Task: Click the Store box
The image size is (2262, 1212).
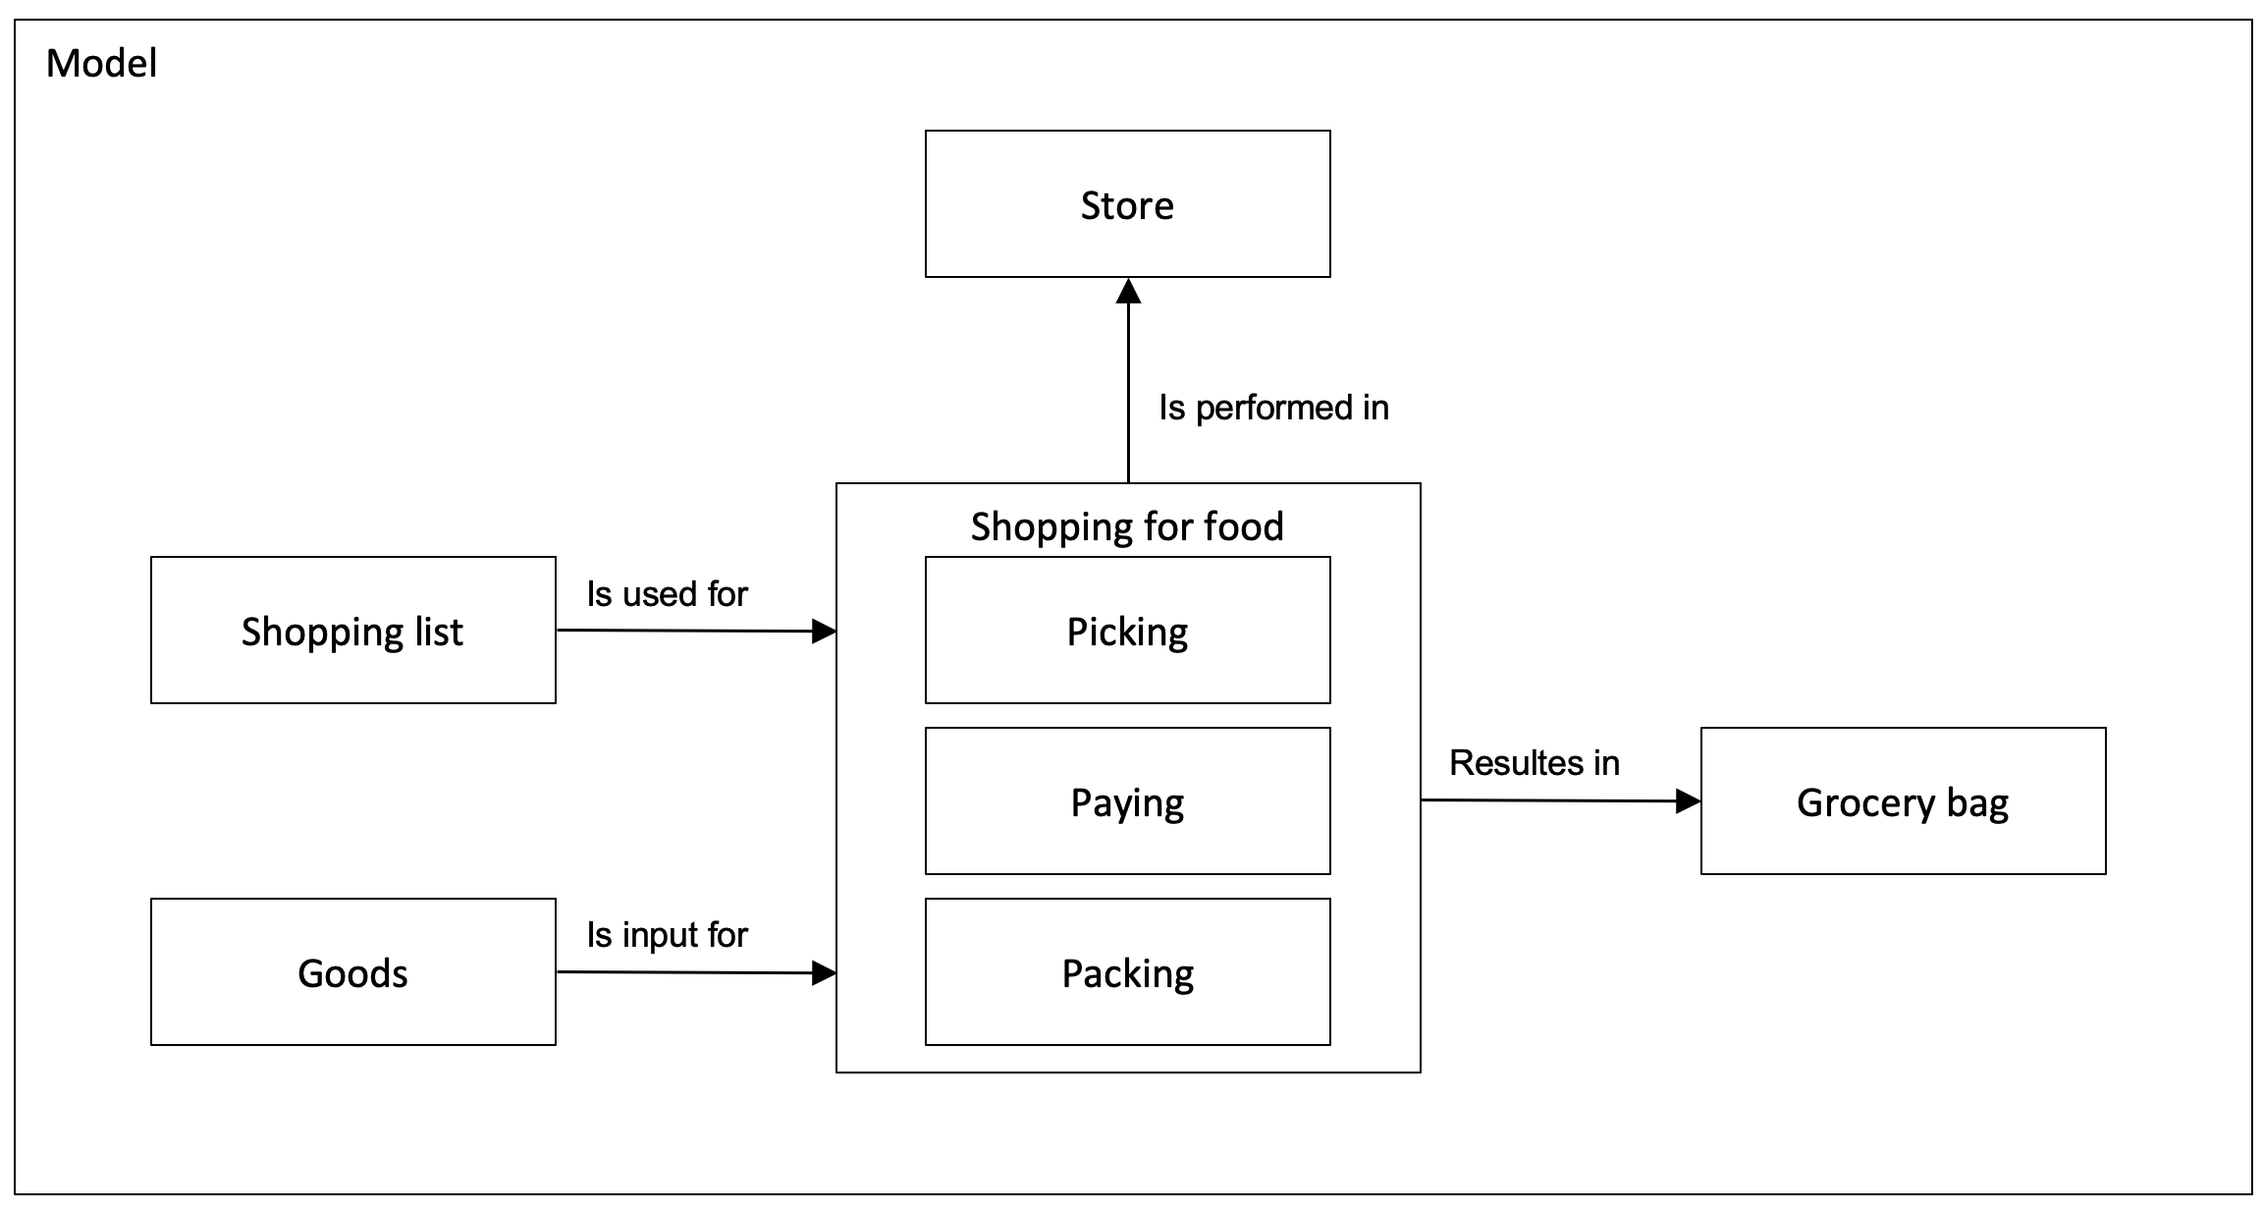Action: pyautogui.click(x=1127, y=203)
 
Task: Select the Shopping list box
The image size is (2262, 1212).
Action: pyautogui.click(x=353, y=630)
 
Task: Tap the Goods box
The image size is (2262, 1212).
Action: pyautogui.click(x=353, y=971)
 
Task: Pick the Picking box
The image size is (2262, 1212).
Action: pyautogui.click(x=1127, y=630)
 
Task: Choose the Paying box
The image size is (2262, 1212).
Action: pyautogui.click(x=1127, y=800)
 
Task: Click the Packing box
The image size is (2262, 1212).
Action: pyautogui.click(x=1127, y=971)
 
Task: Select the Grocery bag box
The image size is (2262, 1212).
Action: pyautogui.click(x=1903, y=800)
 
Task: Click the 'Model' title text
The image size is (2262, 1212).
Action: pyautogui.click(x=101, y=64)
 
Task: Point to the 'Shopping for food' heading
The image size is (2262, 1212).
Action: pyautogui.click(x=1127, y=527)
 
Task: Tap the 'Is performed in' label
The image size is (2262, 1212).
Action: pyautogui.click(x=1273, y=408)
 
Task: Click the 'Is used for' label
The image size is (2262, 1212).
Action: pyautogui.click(x=668, y=594)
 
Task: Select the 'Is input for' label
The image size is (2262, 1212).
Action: pyautogui.click(x=668, y=935)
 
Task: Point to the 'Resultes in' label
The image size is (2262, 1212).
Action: pyautogui.click(x=1535, y=763)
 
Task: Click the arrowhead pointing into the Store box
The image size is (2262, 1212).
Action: pyautogui.click(x=1128, y=291)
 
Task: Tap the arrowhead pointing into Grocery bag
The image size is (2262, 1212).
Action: pyautogui.click(x=1688, y=801)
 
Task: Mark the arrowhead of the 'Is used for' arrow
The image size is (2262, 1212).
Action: pyautogui.click(x=824, y=632)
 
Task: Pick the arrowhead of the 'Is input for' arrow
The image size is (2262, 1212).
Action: pyautogui.click(x=824, y=973)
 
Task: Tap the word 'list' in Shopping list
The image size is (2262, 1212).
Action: pyautogui.click(x=439, y=632)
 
